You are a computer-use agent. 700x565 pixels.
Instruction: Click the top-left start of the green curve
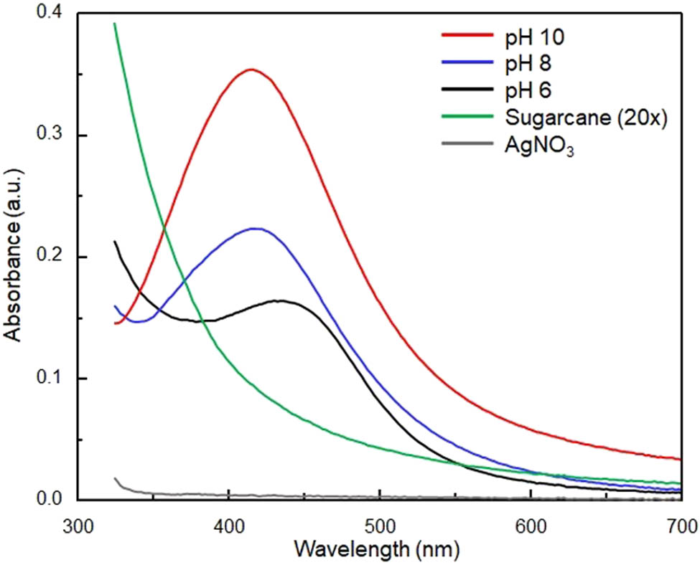coord(115,24)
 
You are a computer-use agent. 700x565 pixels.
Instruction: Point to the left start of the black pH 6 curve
coord(115,242)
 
